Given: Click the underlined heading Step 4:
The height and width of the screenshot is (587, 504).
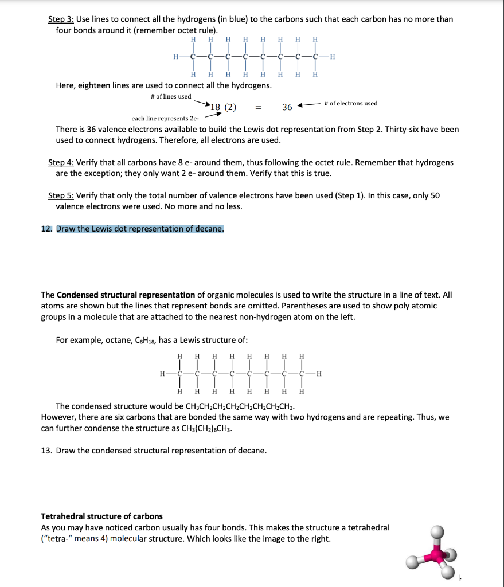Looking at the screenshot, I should [x=60, y=162].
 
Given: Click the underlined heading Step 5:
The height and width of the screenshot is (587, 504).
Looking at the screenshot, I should [x=60, y=195].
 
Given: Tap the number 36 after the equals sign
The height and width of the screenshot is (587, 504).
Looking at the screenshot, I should [x=287, y=107].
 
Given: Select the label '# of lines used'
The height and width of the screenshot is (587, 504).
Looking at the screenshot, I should [x=170, y=96].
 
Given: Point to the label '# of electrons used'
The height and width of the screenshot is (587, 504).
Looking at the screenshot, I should [x=350, y=103].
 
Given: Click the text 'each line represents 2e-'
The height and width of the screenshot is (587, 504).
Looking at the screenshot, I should [x=165, y=119].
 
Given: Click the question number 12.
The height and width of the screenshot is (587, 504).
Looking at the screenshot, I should [x=46, y=229].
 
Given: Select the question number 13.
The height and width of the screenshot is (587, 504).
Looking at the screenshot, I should [x=46, y=451].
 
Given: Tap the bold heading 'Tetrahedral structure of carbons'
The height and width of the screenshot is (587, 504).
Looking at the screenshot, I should [x=101, y=516].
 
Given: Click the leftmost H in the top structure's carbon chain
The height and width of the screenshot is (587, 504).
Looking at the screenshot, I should [x=176, y=56].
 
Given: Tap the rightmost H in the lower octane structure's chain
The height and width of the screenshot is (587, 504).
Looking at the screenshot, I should [x=319, y=374].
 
